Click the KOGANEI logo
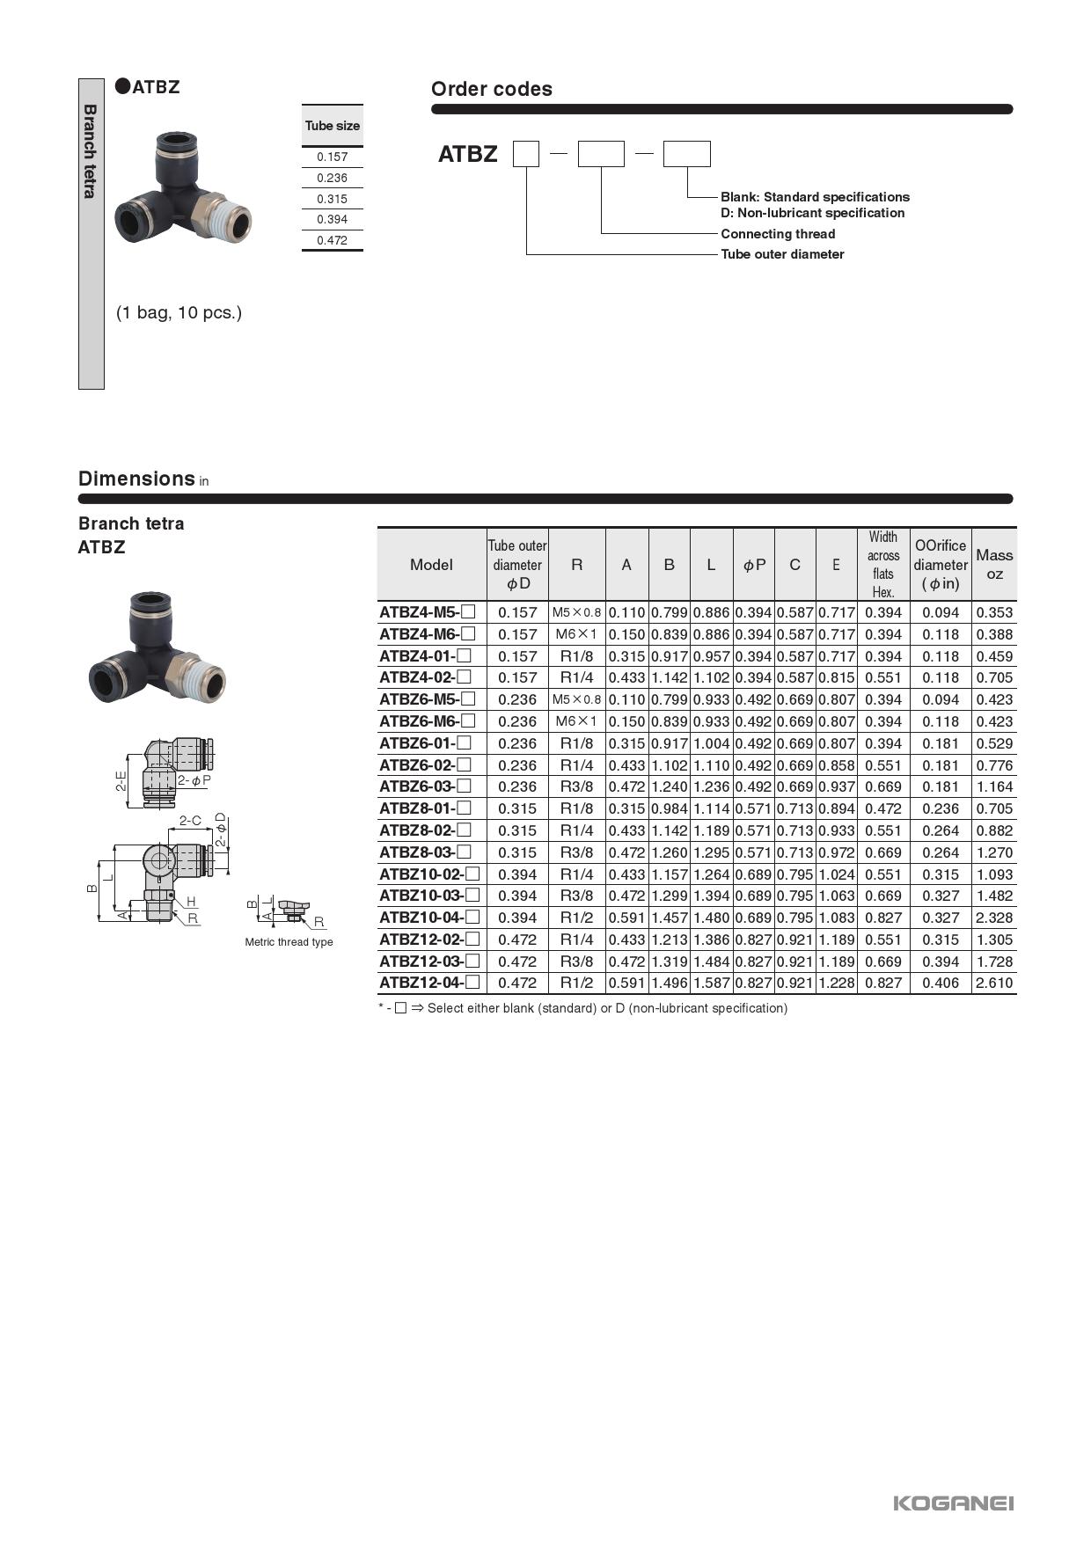(953, 1503)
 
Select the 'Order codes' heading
(491, 89)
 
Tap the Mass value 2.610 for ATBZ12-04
(994, 983)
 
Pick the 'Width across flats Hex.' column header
(882, 564)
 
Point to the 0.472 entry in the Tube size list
(332, 240)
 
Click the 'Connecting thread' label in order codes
(778, 234)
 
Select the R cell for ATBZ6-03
(576, 786)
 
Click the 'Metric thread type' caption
(289, 942)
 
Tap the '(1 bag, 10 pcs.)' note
(179, 312)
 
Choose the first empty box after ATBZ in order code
(526, 154)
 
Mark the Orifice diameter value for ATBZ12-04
(940, 983)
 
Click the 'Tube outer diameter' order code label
(782, 254)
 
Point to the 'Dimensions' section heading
(136, 479)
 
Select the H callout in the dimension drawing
(191, 902)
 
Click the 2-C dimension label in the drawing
(190, 820)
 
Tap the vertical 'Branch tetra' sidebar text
(90, 151)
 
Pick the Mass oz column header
(994, 564)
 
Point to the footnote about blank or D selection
(582, 1008)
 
